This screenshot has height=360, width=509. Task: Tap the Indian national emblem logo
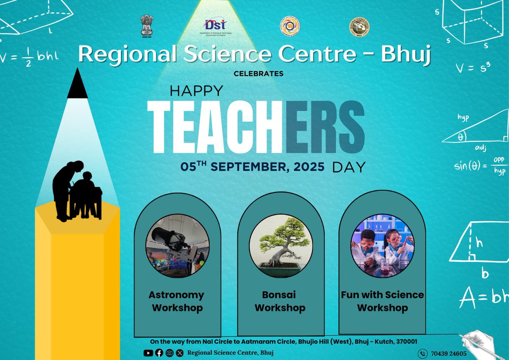[x=146, y=26]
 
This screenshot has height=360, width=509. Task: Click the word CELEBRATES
[x=258, y=73]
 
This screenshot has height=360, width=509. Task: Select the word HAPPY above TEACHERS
[x=196, y=91]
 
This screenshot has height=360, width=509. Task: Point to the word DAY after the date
[x=349, y=167]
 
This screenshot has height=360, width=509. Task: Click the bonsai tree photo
[x=280, y=246]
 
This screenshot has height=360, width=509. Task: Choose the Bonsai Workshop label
[x=280, y=301]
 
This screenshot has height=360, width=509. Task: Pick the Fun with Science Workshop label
[x=382, y=301]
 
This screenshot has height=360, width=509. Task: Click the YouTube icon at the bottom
[x=148, y=353]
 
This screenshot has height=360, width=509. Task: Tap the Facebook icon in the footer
[x=159, y=353]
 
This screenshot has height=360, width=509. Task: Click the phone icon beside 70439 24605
[x=422, y=354]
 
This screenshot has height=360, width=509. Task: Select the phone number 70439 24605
[x=449, y=354]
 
